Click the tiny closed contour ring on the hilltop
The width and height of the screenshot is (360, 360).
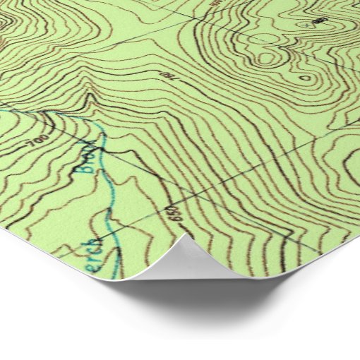pyautogui.click(x=304, y=77)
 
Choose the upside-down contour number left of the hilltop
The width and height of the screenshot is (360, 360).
pyautogui.click(x=167, y=73)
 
